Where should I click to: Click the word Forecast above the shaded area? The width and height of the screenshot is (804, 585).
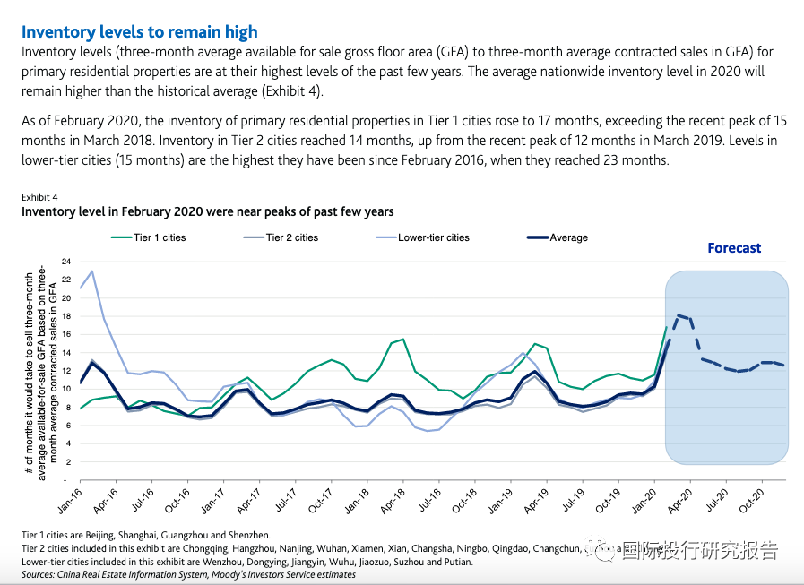(734, 248)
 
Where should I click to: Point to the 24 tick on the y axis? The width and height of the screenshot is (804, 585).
(65, 262)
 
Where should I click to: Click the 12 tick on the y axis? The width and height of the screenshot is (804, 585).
(65, 370)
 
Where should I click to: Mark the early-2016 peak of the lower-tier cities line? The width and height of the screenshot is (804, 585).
(92, 271)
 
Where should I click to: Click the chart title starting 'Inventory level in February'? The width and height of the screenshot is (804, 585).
(207, 211)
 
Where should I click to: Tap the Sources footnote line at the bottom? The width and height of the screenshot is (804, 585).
(188, 574)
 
